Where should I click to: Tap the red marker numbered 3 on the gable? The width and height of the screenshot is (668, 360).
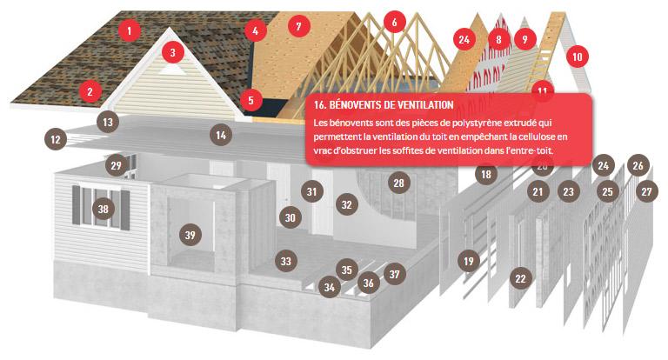click(173, 53)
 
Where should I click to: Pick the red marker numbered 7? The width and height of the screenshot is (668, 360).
click(297, 26)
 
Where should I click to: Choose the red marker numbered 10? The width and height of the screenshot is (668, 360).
click(577, 57)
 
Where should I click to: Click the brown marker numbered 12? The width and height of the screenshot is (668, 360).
click(56, 137)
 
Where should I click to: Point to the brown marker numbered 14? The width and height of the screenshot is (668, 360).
click(221, 135)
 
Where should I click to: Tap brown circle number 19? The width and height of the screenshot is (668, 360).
click(469, 260)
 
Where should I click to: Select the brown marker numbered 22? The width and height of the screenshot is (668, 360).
click(520, 278)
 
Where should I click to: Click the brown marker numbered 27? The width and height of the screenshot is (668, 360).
click(645, 190)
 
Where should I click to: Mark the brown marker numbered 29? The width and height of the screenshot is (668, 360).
click(117, 165)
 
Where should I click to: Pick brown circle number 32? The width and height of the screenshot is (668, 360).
click(346, 205)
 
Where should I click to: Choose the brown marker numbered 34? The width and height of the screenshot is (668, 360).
click(329, 286)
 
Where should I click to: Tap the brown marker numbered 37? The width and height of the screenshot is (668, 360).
click(395, 275)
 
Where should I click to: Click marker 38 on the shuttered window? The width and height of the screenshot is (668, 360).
click(104, 209)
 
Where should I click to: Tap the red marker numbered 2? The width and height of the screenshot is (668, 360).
click(89, 89)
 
